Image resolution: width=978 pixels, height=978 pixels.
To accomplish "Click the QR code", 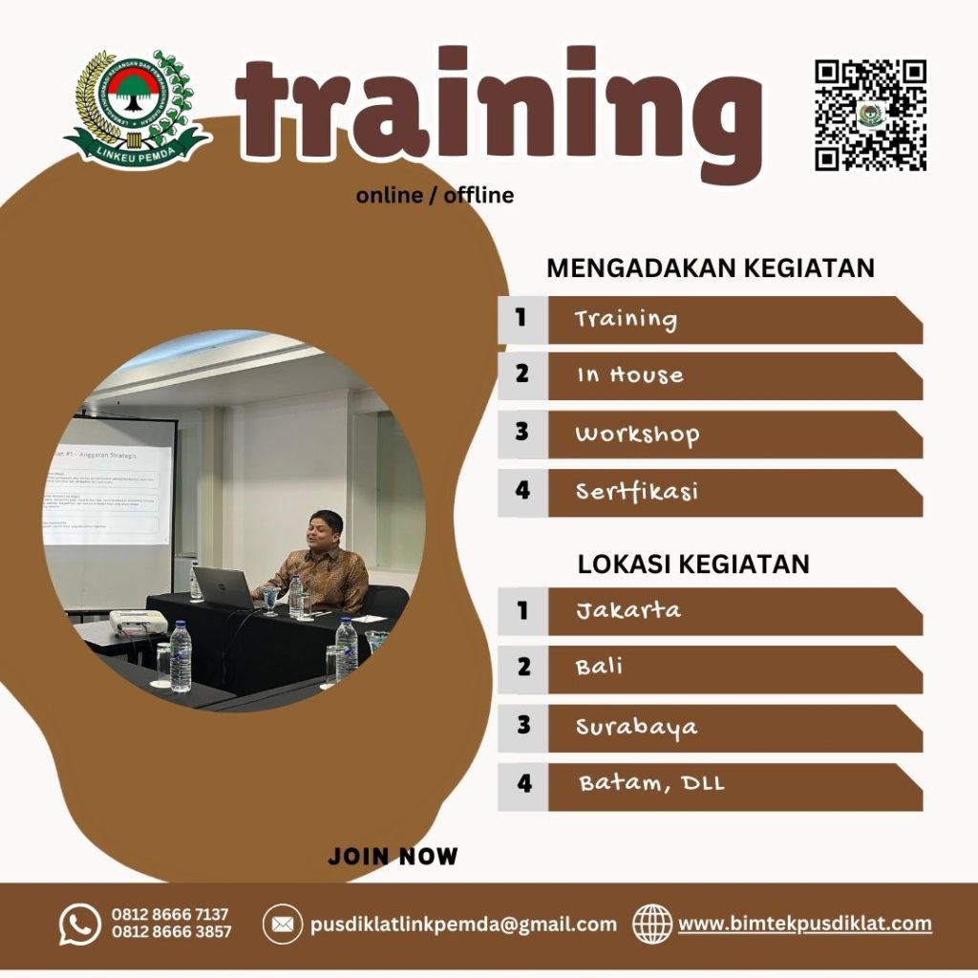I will point(870,115).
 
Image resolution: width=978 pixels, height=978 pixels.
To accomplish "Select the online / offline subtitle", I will point(435,196).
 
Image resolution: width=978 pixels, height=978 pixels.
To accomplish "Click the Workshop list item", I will point(637,435).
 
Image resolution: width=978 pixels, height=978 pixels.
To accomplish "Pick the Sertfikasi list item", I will point(636,492).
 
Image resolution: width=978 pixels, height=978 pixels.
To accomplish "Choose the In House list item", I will point(629,375).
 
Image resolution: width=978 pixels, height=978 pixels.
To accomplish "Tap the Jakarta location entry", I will point(627,610).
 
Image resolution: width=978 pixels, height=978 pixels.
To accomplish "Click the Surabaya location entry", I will point(636,728).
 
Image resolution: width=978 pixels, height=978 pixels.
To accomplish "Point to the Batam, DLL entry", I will point(651,785).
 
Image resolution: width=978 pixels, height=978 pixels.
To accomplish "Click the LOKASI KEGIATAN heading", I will point(693,564).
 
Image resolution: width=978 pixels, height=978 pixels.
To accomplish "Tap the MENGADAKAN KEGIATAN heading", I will point(711,268).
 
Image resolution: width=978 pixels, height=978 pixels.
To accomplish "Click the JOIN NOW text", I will point(393,857).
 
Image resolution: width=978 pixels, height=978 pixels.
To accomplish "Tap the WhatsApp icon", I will point(79,925).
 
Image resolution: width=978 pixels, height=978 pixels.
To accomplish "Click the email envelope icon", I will point(282,925).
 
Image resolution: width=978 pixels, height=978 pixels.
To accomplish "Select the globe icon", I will point(652,925).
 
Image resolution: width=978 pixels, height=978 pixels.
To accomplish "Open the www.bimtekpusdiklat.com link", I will point(805,925).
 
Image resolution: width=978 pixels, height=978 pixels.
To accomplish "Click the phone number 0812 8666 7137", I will point(170,915).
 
